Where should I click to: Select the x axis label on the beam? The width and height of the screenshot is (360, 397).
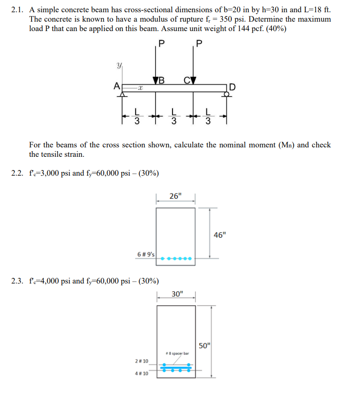point(140,88)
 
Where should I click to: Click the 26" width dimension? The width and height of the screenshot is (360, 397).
point(175,196)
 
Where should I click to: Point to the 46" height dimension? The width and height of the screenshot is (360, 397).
point(220,235)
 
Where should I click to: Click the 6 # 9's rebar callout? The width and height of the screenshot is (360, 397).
point(146,254)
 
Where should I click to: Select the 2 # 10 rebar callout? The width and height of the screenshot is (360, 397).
point(142,361)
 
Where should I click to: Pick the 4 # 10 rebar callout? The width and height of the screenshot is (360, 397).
point(142,373)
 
